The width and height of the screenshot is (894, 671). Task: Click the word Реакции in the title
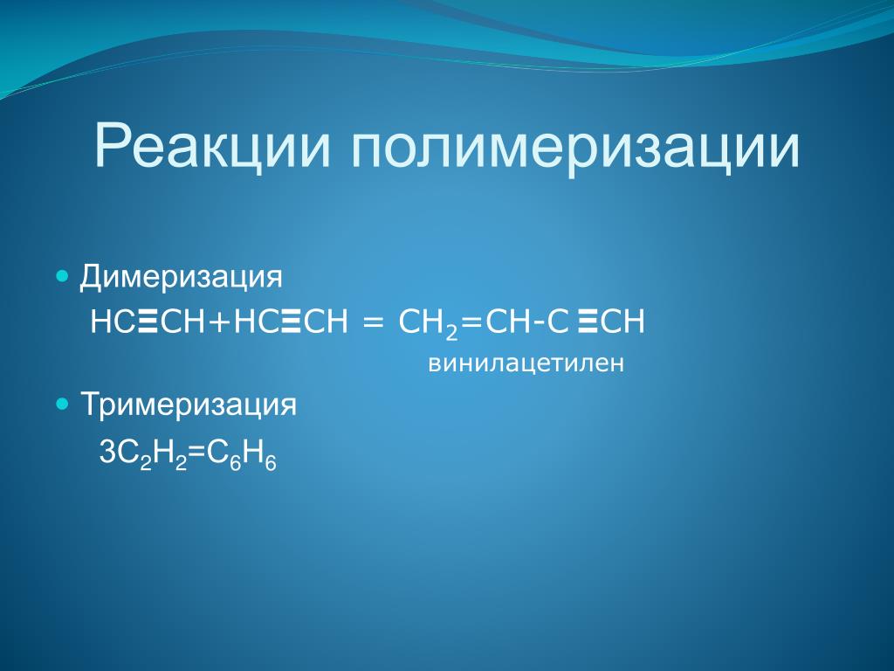(x=212, y=146)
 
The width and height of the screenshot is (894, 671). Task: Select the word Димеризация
(x=181, y=278)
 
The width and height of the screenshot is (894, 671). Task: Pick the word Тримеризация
(x=189, y=405)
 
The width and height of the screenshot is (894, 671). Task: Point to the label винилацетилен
(x=526, y=363)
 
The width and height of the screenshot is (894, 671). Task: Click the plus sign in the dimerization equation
(x=220, y=322)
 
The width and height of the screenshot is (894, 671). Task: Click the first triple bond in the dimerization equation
(x=148, y=321)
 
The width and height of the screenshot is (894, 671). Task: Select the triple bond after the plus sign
(x=291, y=321)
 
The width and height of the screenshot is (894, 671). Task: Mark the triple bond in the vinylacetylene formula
(x=587, y=321)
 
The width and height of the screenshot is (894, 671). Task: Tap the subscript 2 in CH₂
(x=451, y=332)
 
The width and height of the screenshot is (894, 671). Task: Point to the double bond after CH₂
(x=471, y=323)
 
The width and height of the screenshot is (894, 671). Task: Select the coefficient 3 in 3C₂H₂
(x=107, y=453)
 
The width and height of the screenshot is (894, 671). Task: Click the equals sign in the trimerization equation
(x=196, y=453)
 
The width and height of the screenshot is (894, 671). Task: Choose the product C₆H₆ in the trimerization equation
(x=241, y=456)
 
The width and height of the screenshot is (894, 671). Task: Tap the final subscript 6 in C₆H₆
(x=271, y=464)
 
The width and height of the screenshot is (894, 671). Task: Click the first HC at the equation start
(x=113, y=322)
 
